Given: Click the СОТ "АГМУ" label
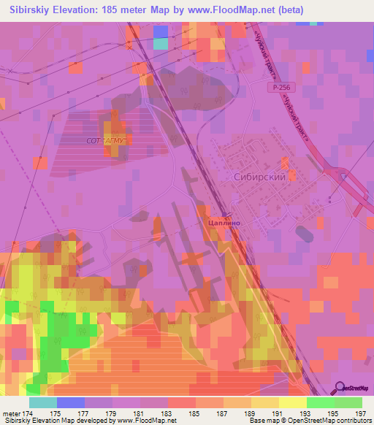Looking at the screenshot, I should tap(107, 139).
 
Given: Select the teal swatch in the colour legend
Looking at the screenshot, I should tap(43, 402).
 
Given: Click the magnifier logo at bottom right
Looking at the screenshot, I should tap(340, 387).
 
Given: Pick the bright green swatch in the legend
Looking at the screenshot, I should tap(321, 402).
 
